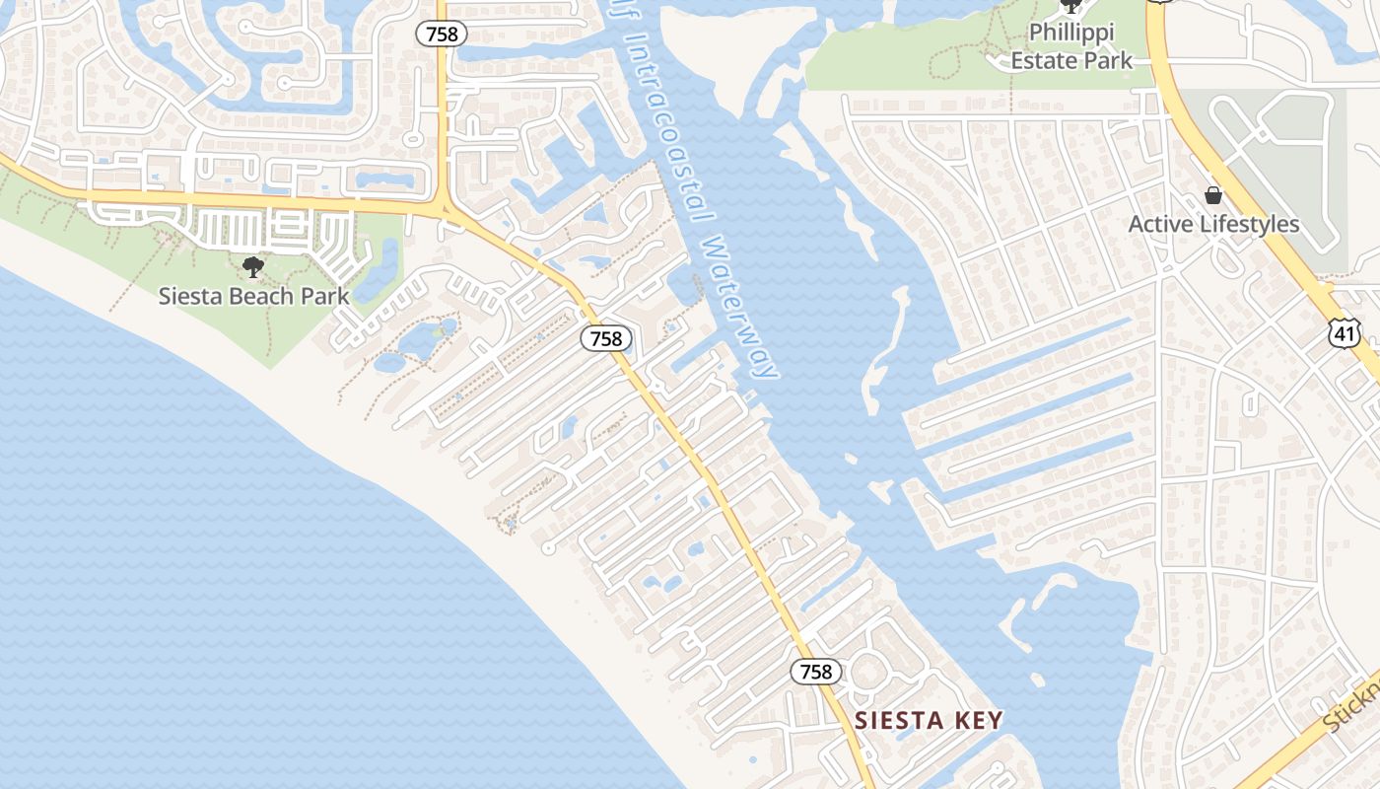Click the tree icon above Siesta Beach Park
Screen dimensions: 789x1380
tap(253, 266)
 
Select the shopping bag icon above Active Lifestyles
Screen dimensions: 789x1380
tap(1213, 195)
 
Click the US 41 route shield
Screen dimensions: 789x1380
tap(1345, 332)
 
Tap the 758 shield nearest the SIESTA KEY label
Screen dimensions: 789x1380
tap(816, 672)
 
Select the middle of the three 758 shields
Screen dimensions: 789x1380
tap(605, 338)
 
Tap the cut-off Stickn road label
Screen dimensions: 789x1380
tap(1350, 705)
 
